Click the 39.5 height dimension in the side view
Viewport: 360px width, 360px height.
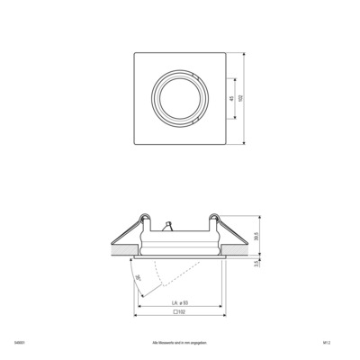(x=258, y=236)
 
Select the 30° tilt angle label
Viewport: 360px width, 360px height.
(x=138, y=281)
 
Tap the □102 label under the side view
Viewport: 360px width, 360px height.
(x=177, y=312)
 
